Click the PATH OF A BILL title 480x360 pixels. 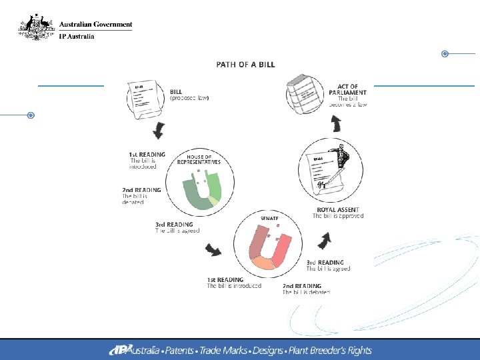pyautogui.click(x=245, y=65)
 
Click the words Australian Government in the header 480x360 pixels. pyautogui.click(x=96, y=24)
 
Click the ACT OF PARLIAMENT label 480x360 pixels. pyautogui.click(x=348, y=89)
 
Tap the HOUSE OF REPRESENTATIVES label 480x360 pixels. pyautogui.click(x=199, y=159)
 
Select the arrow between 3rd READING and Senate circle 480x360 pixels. pyautogui.click(x=214, y=251)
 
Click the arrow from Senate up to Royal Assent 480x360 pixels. pyautogui.click(x=326, y=239)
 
